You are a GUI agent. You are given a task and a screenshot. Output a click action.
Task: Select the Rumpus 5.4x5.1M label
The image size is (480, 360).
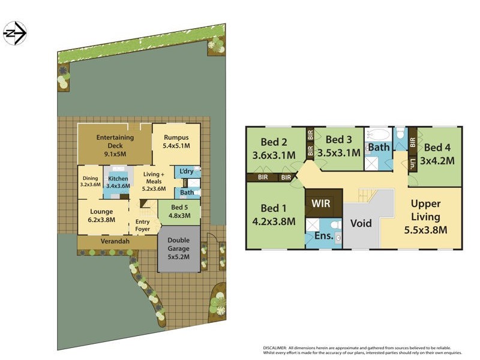(x=176, y=141)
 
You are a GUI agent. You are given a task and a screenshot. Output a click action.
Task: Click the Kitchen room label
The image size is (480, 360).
(x=118, y=182)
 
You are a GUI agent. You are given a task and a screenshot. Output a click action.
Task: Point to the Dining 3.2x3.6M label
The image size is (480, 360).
(x=90, y=181)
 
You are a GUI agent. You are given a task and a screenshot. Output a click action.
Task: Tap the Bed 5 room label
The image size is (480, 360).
(x=178, y=211)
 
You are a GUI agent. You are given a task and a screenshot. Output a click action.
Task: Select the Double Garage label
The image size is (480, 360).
(x=179, y=248)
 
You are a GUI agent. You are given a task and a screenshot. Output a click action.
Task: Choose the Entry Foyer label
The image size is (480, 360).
(x=143, y=226)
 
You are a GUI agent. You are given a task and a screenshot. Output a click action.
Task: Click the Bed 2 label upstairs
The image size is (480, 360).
(x=275, y=149)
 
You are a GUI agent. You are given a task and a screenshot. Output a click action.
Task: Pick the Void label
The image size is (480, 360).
(x=361, y=223)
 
